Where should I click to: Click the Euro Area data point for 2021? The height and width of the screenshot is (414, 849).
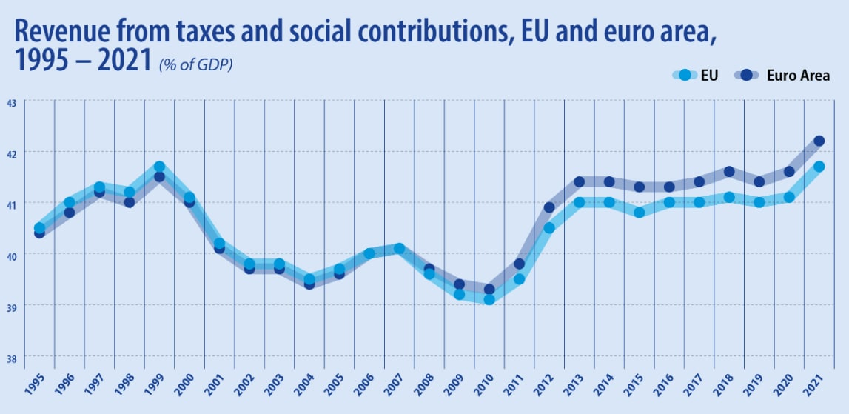click(819, 141)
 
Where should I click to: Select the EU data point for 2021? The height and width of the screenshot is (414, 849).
click(819, 167)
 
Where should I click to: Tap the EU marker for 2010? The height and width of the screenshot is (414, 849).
click(489, 300)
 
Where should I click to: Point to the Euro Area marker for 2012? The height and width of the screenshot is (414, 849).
click(549, 207)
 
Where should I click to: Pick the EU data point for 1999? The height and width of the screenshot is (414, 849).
click(159, 167)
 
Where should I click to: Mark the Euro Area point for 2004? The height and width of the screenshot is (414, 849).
click(309, 284)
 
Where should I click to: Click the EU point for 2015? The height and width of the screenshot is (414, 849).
click(640, 213)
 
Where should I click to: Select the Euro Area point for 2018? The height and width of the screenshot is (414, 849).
click(729, 172)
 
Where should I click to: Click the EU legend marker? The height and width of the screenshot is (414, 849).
click(685, 75)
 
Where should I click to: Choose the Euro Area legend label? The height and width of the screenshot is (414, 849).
click(798, 75)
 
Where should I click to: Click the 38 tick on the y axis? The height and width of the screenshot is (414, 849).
click(12, 357)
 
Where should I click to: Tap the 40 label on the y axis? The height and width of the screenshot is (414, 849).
click(12, 255)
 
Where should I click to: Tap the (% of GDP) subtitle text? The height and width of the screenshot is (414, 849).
click(195, 65)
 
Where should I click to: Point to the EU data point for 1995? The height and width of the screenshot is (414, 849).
click(39, 228)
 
